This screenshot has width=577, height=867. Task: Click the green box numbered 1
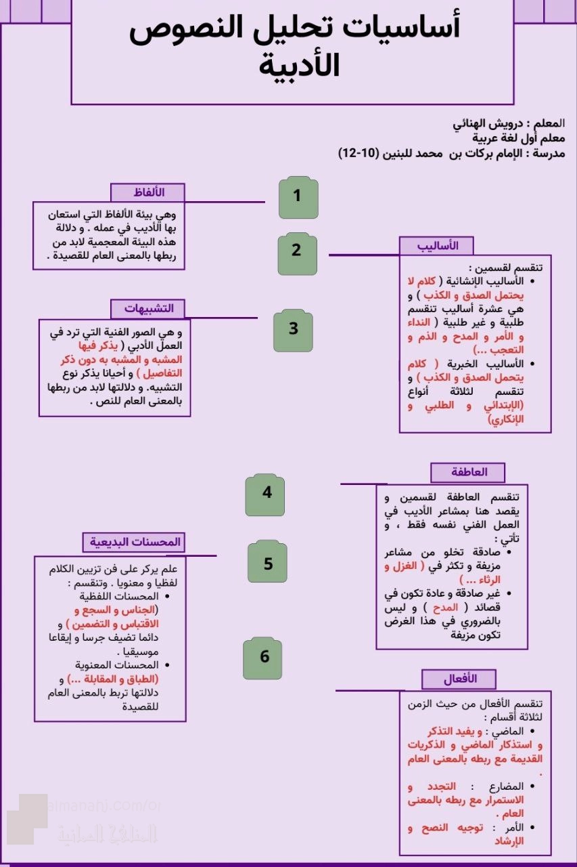point(298,197)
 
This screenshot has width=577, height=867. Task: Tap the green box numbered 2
point(297,250)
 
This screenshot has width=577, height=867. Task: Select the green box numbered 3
point(294,329)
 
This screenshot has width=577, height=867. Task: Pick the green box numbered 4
point(267,493)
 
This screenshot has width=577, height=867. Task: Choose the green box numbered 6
point(264,657)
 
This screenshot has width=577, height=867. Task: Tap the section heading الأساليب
point(436,245)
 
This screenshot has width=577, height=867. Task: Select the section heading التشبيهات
point(149,309)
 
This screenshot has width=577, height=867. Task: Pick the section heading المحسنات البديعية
point(134,543)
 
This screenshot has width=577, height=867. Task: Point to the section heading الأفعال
point(460,679)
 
